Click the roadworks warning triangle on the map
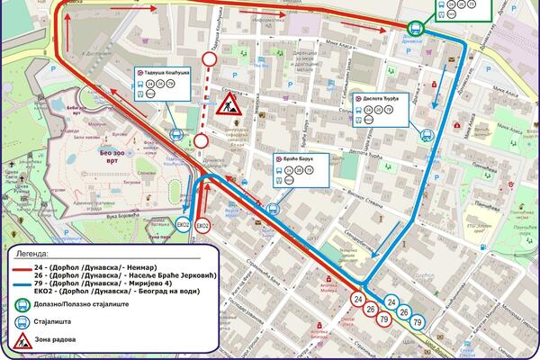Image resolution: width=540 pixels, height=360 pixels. [228, 104]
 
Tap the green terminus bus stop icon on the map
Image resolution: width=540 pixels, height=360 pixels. [417, 28]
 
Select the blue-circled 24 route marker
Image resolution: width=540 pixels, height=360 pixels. [391, 301]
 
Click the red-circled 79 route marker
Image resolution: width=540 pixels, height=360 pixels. [384, 320]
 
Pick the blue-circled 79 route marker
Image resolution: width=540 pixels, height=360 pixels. [417, 321]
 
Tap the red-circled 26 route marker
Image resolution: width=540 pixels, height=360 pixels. [372, 310]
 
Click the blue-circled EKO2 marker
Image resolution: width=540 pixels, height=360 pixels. [183, 224]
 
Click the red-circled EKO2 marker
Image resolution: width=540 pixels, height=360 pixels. [203, 224]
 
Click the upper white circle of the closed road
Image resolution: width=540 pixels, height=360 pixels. [210, 59]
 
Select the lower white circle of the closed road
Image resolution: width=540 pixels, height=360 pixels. [202, 141]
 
